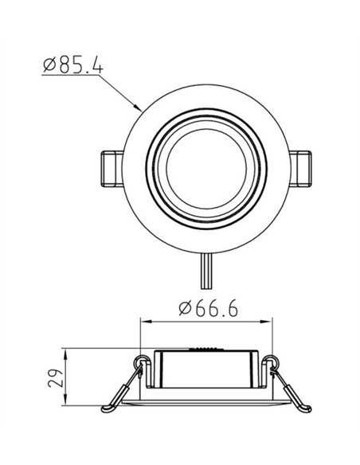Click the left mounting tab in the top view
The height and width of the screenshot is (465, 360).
[x=110, y=170]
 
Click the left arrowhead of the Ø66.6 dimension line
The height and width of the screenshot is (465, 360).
[x=144, y=322]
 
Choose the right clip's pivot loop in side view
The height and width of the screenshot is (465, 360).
[x=272, y=363]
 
